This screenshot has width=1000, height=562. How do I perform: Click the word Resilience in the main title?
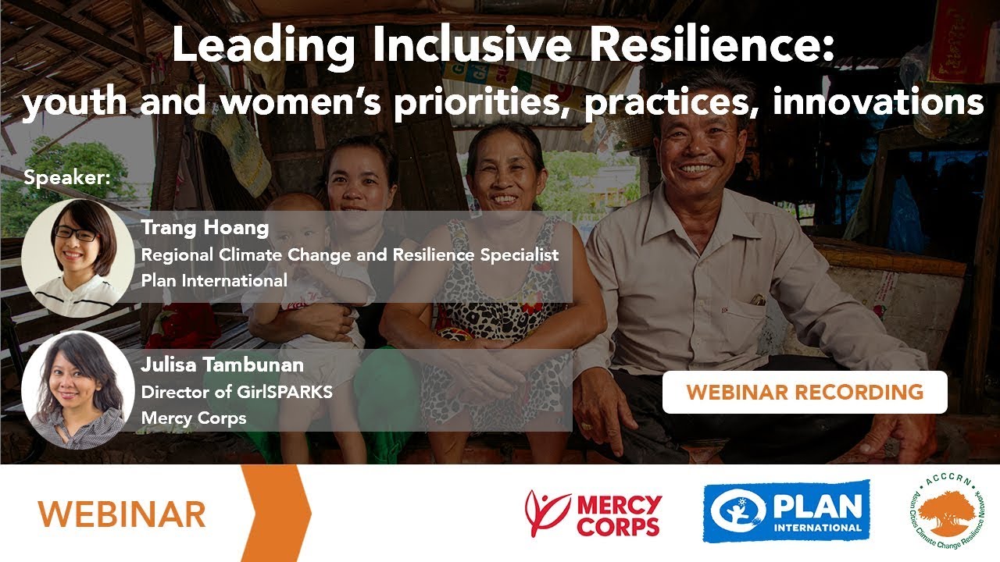point(702,46)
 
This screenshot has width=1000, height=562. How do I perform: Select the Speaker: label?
point(67,177)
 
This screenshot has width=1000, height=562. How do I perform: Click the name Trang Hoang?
point(205,228)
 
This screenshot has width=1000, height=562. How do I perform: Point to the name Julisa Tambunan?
point(222,365)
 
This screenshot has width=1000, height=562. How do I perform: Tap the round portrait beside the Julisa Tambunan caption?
point(77,389)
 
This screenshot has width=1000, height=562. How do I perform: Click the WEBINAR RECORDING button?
point(804,392)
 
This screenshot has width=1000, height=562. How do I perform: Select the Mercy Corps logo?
point(594,514)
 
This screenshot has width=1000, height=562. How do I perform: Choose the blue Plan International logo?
point(786,512)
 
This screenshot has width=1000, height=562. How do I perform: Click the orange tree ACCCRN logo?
point(947,512)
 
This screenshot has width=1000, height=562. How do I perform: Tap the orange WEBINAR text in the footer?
point(122,514)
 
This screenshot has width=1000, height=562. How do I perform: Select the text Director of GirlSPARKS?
point(237,391)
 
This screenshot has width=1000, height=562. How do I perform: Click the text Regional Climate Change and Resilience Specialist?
point(349,254)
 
